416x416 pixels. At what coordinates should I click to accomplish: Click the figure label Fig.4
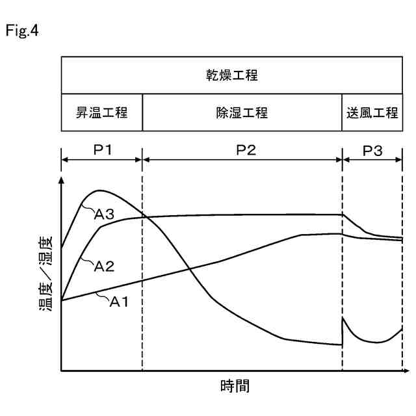(x=21, y=31)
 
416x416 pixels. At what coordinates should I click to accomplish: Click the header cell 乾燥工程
(x=232, y=75)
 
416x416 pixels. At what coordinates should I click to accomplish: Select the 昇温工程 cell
(x=102, y=112)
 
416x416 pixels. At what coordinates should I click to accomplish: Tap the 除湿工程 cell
(x=242, y=112)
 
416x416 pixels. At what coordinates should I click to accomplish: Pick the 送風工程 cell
(x=372, y=112)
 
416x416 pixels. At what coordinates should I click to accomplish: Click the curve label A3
(x=105, y=215)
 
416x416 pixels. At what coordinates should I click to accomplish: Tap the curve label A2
(x=104, y=266)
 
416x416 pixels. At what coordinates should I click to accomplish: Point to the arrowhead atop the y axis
(x=62, y=180)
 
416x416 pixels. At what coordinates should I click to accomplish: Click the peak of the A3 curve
(x=99, y=190)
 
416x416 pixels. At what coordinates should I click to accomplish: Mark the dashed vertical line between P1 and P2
(x=142, y=292)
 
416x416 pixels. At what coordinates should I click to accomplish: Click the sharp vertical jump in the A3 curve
(x=343, y=331)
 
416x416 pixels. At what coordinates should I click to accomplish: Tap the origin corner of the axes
(x=62, y=370)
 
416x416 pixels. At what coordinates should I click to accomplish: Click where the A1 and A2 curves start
(x=62, y=300)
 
